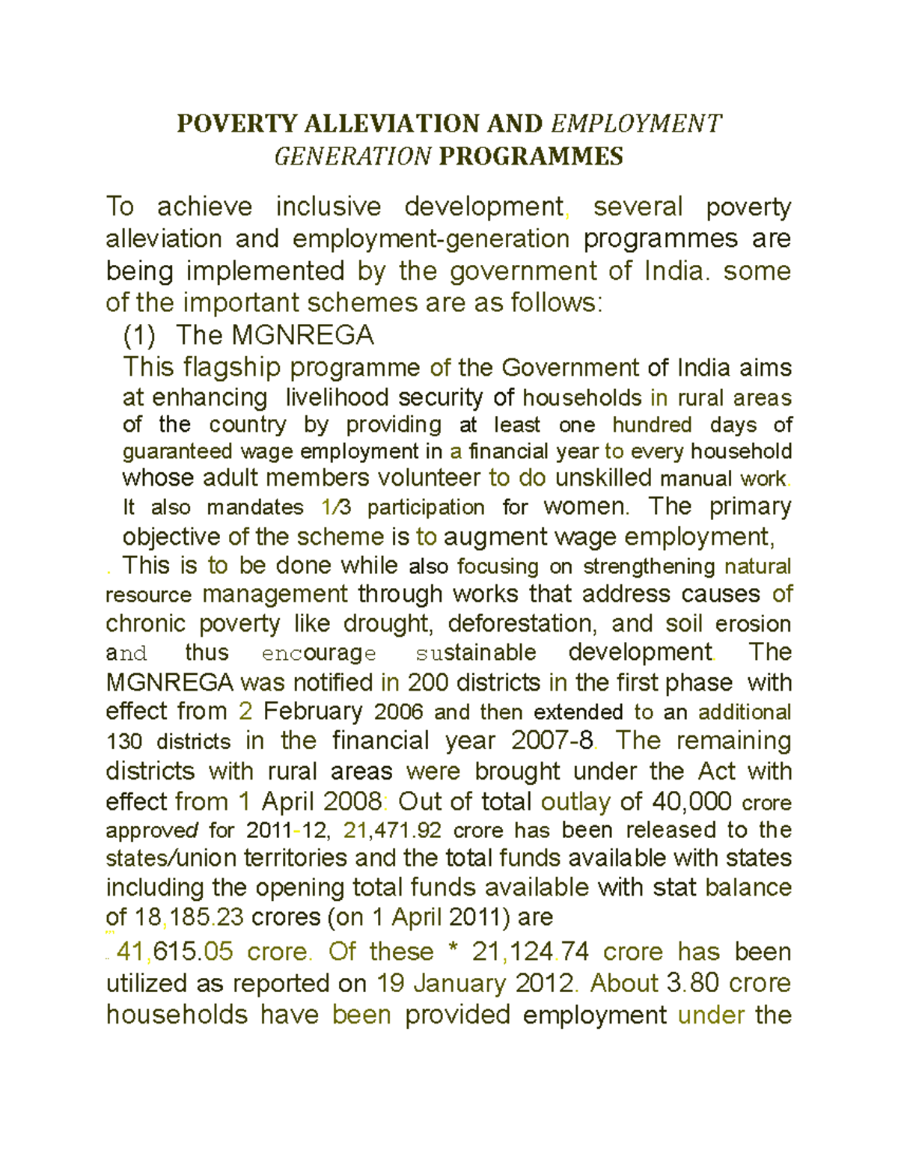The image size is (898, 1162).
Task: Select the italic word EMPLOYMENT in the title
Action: [636, 123]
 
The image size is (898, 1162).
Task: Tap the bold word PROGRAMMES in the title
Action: [531, 156]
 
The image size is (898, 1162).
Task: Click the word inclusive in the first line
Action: [329, 207]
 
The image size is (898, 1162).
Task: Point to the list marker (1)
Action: [139, 335]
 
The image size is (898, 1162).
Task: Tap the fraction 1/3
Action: [335, 507]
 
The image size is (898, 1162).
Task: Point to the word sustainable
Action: [475, 652]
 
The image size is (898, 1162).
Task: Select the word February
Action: [312, 711]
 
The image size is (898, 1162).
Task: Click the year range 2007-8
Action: [552, 741]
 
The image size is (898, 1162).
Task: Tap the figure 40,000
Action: [691, 801]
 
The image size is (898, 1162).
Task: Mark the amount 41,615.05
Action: [175, 952]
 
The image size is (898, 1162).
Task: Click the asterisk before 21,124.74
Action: [452, 950]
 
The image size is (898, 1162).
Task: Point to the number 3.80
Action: [692, 983]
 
